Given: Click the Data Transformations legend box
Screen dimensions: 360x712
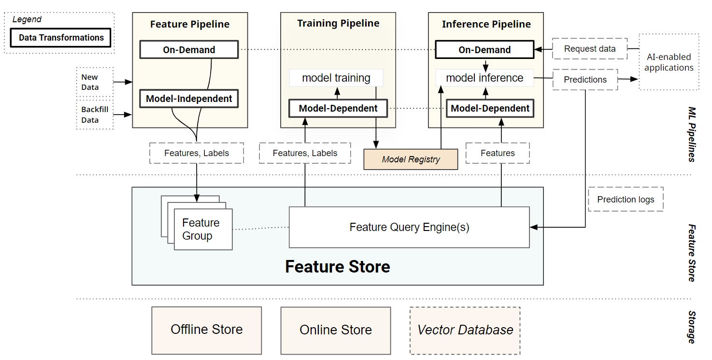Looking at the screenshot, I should coord(61,38).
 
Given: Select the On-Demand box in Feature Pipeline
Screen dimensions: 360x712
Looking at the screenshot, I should coord(189,50).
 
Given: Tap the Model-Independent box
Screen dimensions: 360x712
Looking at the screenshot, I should coord(189,99).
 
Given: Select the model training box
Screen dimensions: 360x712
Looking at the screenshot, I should coord(336,78).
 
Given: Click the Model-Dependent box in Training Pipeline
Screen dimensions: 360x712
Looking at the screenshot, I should coord(338,109).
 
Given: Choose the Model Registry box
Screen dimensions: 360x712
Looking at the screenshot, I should coord(411,159).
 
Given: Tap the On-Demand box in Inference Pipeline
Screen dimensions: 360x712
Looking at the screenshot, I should coord(484,50).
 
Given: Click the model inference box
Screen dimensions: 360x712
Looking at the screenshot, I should coord(484,78).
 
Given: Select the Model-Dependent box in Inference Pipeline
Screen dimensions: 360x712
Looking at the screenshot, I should coord(490,109).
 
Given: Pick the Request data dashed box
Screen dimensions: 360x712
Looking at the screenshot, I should coord(589,49).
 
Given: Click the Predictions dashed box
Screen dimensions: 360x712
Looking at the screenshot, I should coord(585,80).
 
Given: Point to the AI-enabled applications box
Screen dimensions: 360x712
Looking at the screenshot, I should coord(669,62).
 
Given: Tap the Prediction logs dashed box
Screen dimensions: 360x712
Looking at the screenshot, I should coord(626,200).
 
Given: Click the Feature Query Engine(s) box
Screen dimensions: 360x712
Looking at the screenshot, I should coord(409,227).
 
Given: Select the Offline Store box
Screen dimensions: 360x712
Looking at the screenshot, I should coord(207,330).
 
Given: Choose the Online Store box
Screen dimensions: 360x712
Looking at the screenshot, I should coord(336,331).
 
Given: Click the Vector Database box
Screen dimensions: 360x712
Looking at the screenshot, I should coord(465,331).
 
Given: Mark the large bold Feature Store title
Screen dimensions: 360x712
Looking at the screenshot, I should coord(337,267).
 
